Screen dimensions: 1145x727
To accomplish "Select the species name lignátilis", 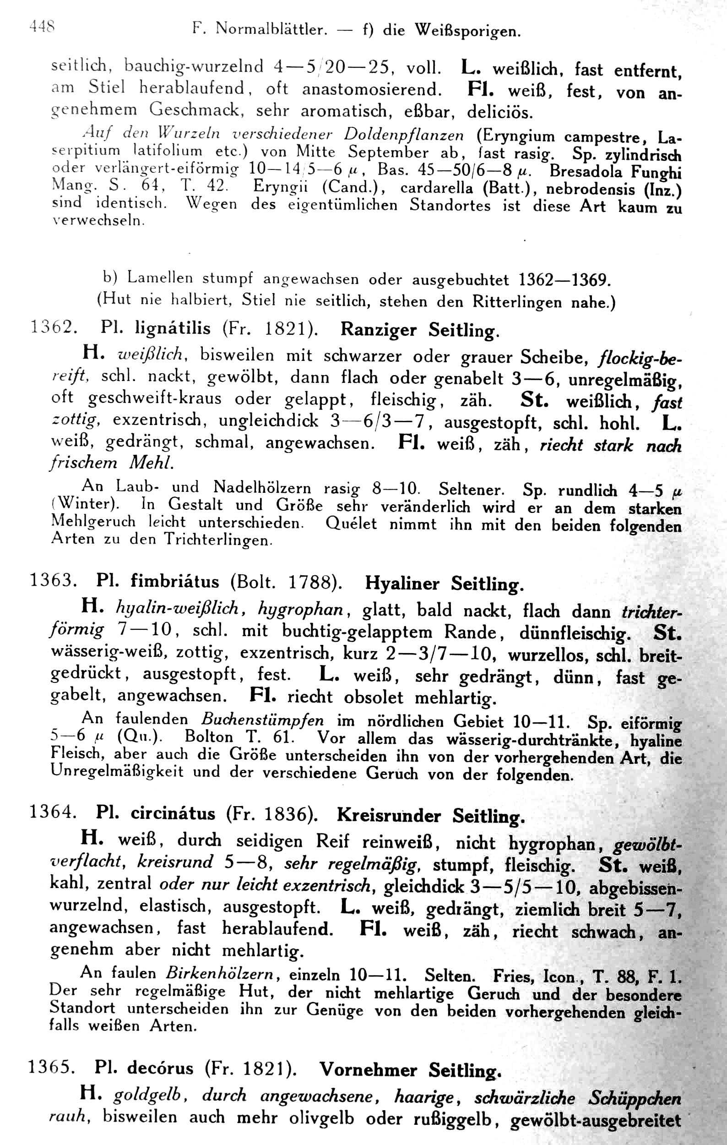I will (173, 328).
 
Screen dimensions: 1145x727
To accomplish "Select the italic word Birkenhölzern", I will (220, 973).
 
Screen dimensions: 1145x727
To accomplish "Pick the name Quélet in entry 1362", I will (351, 523).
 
